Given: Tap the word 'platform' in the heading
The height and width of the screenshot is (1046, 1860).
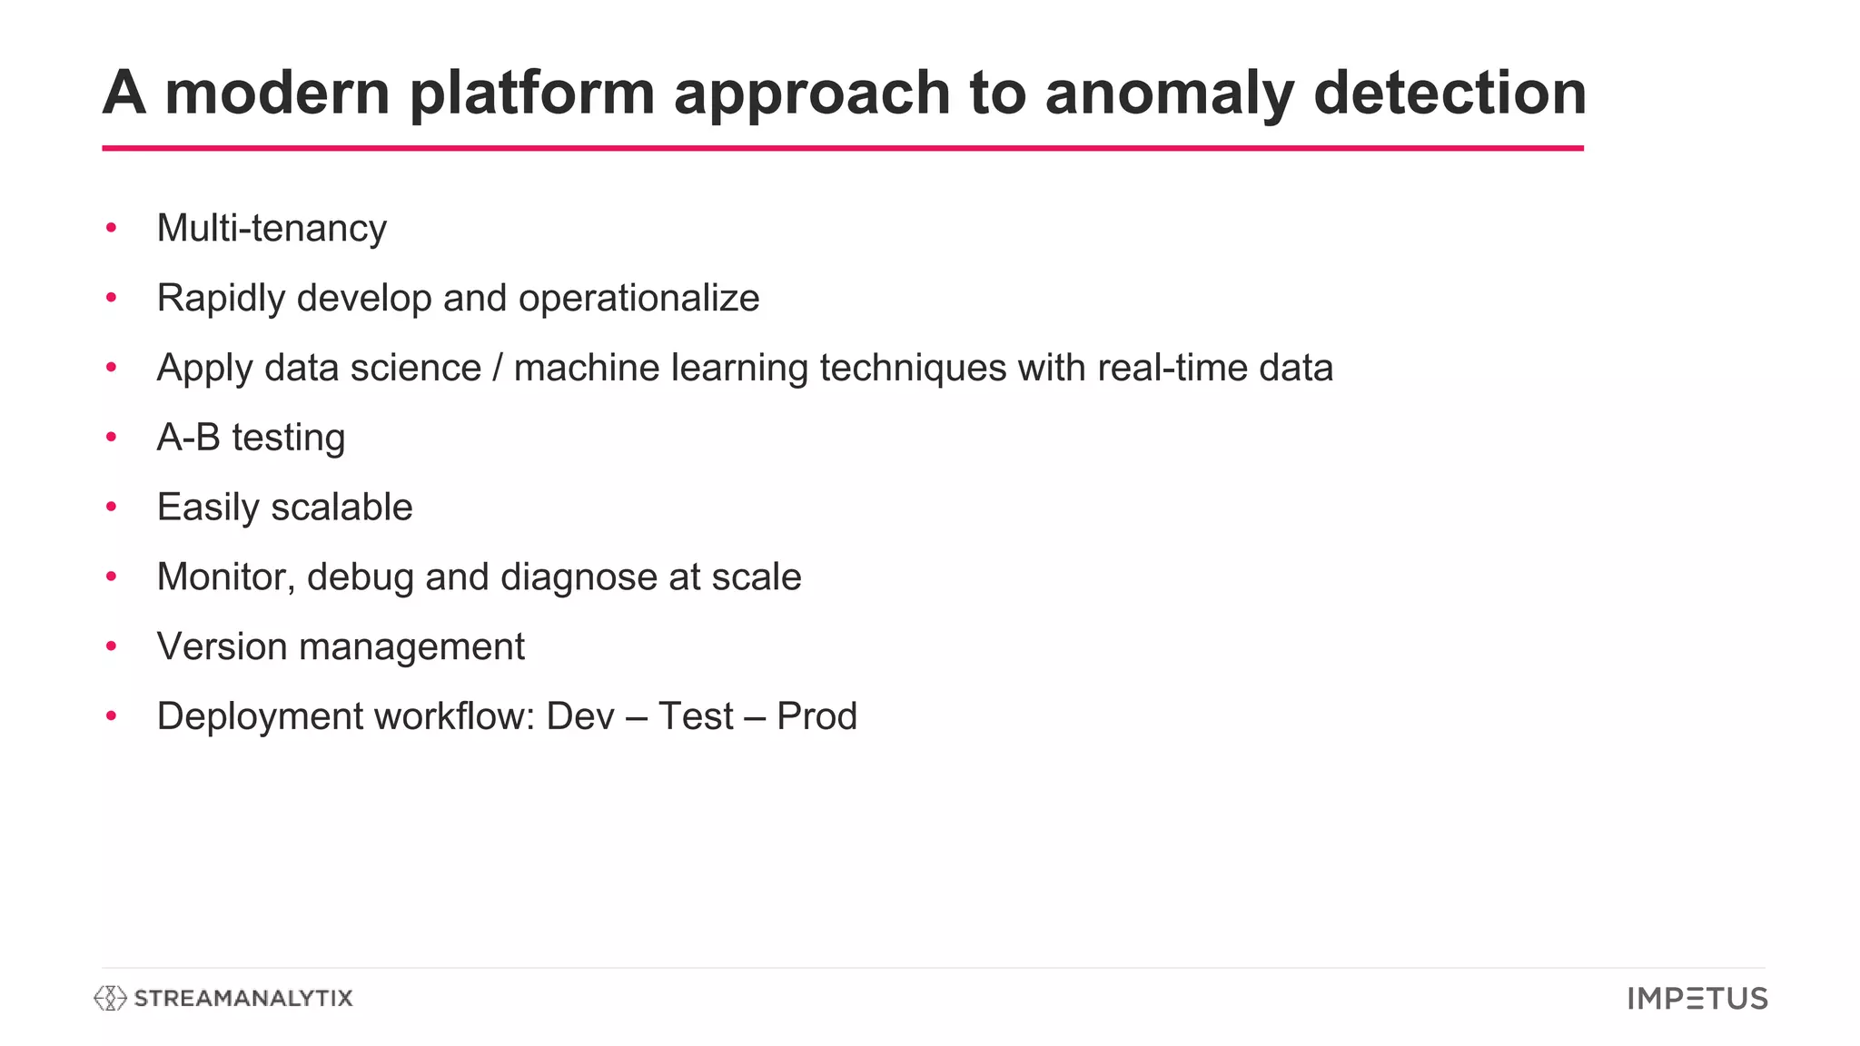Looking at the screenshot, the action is (531, 94).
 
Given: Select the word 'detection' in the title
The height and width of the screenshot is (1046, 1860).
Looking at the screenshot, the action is (1449, 94).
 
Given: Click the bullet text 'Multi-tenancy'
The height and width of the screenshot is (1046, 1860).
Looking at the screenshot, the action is (272, 228).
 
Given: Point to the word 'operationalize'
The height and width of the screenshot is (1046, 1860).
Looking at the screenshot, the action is (638, 298).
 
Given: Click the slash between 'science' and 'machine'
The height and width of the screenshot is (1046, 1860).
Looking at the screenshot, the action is (497, 368).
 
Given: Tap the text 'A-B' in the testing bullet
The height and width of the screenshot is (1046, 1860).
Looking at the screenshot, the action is (189, 438).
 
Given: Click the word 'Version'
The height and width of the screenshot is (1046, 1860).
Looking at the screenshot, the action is (222, 646).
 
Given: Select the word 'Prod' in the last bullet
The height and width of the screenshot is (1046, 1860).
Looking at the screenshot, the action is (816, 716).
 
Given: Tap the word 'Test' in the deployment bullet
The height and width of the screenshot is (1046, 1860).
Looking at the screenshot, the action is (696, 716).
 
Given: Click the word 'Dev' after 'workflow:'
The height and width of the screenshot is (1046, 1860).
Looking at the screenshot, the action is (580, 716).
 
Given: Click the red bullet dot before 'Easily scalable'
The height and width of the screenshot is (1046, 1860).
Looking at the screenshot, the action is (112, 507).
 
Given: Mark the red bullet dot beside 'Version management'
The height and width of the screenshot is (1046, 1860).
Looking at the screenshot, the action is (112, 646).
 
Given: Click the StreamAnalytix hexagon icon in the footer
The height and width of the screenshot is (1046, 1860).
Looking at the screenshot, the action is (110, 998).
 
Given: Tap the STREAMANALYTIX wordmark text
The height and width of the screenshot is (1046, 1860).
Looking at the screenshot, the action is (243, 998).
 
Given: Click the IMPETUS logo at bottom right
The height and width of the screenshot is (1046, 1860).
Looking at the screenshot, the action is (1697, 999).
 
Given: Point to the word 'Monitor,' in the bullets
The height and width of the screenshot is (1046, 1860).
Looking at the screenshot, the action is (226, 577).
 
